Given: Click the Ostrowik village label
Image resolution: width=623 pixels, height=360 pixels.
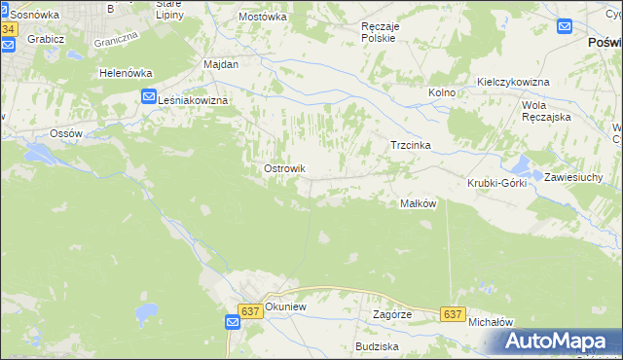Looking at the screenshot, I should (284, 168).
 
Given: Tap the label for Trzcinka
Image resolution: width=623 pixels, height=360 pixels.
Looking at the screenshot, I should (410, 145).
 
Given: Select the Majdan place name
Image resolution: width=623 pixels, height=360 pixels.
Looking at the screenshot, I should (221, 63).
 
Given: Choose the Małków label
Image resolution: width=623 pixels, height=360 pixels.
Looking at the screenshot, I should (418, 203).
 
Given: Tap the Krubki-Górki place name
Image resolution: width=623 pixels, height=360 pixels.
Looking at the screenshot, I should (496, 183).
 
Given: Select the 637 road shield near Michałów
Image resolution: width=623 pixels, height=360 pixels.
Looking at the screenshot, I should (452, 314).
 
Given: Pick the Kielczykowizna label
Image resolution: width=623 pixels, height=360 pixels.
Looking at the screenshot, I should (514, 82).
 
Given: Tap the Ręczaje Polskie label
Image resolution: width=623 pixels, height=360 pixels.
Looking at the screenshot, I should (378, 32).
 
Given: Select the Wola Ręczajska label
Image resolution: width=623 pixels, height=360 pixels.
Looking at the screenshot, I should (546, 110).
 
